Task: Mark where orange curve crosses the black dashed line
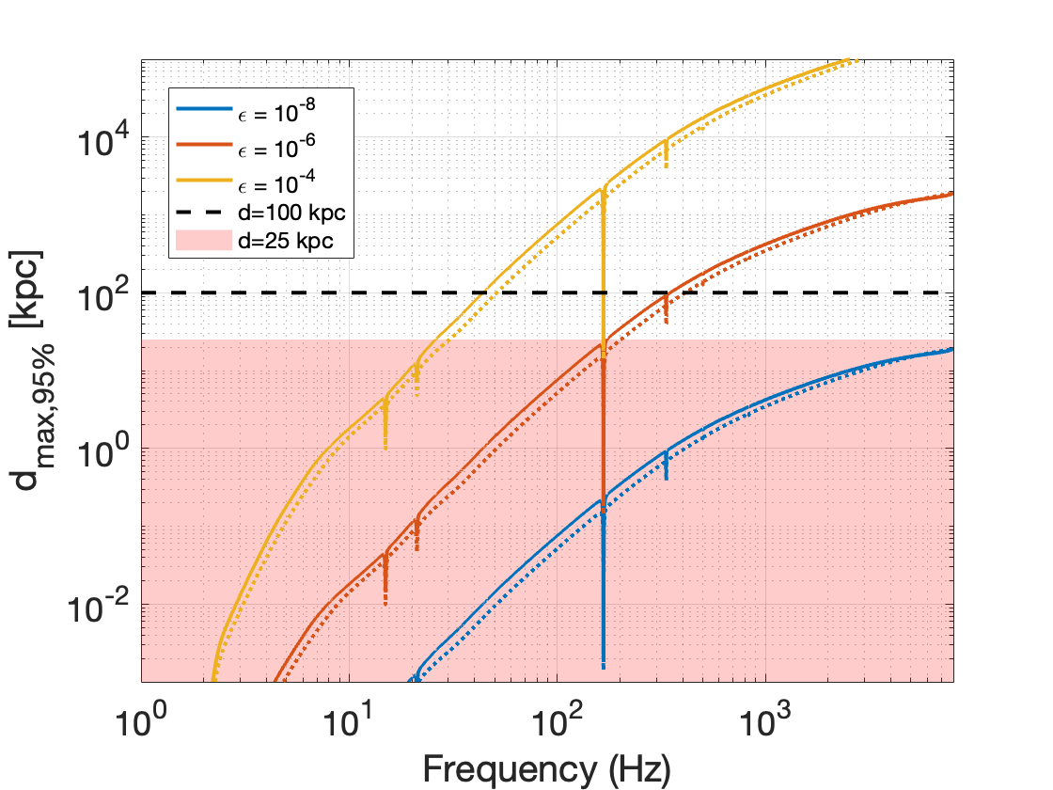669,292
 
